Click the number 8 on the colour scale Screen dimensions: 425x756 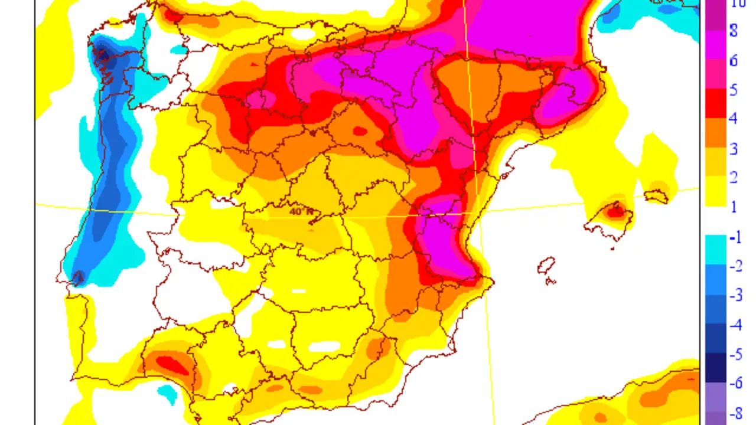[733, 31]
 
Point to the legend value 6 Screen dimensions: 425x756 [733, 60]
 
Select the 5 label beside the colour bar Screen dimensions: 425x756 [733, 90]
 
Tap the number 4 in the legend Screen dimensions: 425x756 [733, 119]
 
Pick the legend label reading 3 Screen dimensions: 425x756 [733, 148]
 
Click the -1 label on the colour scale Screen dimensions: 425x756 [735, 237]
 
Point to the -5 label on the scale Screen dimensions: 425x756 [735, 354]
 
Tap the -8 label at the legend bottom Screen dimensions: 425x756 [735, 412]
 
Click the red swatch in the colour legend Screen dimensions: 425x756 [716, 104]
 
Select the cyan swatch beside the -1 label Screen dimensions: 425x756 [716, 249]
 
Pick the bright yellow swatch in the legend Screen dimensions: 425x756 [716, 191]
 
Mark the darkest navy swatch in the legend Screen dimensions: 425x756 [716, 367]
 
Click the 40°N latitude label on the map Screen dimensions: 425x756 [301, 211]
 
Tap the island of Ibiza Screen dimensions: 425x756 [546, 266]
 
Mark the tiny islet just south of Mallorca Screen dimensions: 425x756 [612, 248]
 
